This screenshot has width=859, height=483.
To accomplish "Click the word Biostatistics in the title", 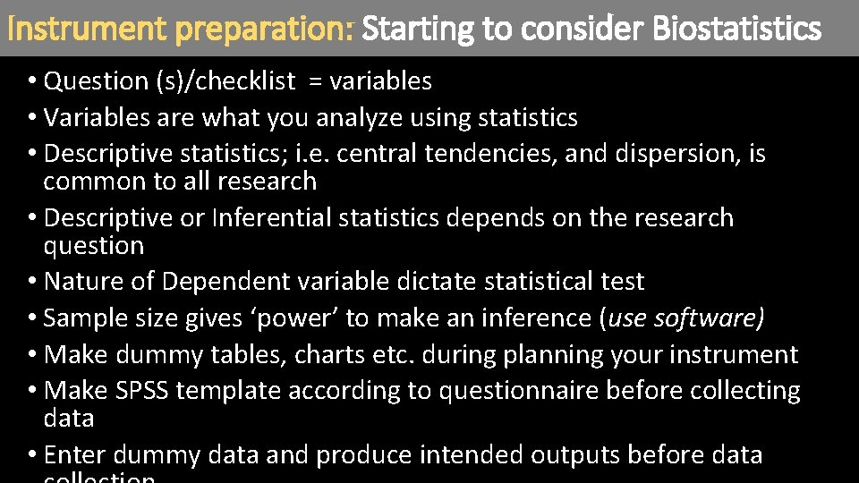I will [736, 30].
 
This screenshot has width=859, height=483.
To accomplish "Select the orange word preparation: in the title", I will [266, 30].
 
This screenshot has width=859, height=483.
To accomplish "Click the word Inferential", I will [271, 218].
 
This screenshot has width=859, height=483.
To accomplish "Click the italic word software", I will [706, 318].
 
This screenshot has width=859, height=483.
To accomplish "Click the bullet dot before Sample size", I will [32, 318].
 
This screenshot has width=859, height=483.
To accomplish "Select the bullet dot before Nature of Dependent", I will [32, 282].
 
